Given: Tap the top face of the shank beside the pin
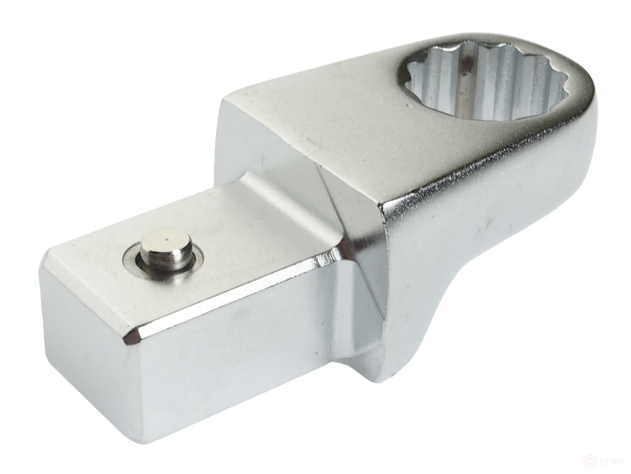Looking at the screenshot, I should pos(249,234).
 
